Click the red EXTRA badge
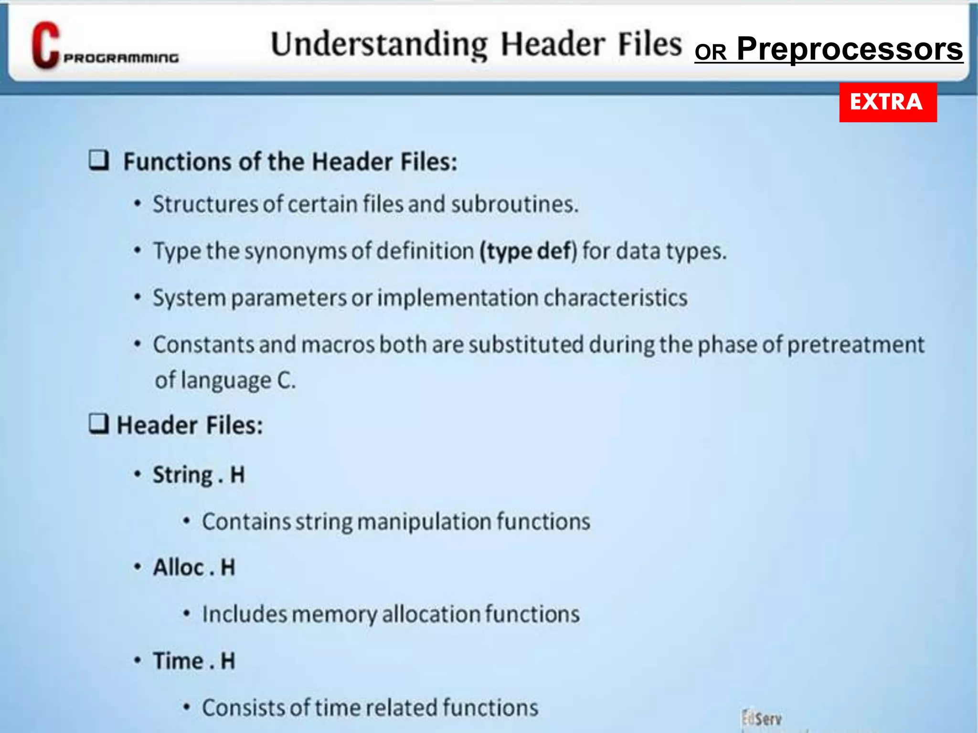point(888,102)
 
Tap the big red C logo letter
point(45,45)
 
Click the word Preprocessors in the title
point(850,49)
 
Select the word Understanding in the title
point(379,44)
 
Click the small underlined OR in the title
point(711,52)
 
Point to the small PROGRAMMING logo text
point(121,58)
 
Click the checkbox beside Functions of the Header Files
point(99,160)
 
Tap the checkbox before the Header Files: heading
point(99,423)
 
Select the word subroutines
point(514,204)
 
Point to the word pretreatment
point(855,345)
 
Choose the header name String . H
point(199,475)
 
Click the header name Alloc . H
point(194,567)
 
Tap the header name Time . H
point(194,661)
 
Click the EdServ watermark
point(762,719)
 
